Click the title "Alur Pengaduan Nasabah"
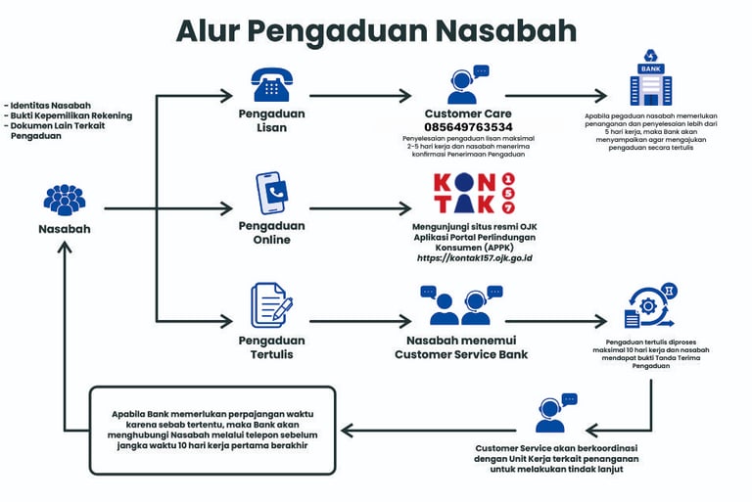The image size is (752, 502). [x=376, y=30]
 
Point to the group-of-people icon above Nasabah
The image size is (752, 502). [x=65, y=200]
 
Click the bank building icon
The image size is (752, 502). [x=650, y=78]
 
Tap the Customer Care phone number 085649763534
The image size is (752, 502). [x=468, y=127]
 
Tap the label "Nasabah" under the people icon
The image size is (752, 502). [x=65, y=229]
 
